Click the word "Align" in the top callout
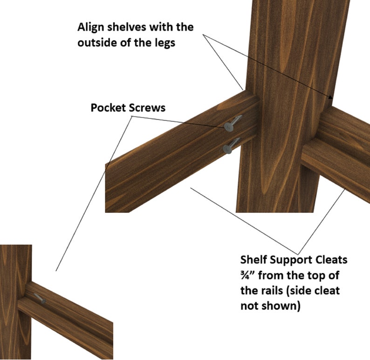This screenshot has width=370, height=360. [90, 27]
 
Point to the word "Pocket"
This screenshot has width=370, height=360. [108, 108]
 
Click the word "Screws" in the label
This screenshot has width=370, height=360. [147, 108]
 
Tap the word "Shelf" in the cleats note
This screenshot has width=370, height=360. [254, 259]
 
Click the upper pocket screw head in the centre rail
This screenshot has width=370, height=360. [228, 127]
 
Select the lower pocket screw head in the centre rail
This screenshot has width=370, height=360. [227, 149]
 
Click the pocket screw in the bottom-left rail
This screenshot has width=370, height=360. [40, 298]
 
